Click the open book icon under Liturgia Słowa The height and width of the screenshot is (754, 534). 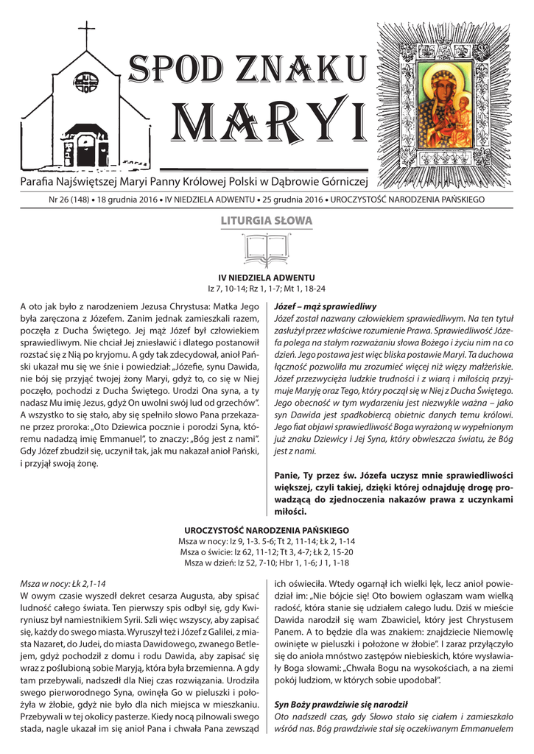pos(267,246)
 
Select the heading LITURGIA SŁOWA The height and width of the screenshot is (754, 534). pos(267,221)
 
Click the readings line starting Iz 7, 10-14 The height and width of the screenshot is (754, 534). pos(267,289)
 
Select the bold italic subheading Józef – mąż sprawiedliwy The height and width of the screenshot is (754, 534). pos(325,306)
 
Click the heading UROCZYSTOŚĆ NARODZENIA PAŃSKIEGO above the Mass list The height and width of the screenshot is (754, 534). pos(267,531)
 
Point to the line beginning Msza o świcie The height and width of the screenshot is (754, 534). pos(267,552)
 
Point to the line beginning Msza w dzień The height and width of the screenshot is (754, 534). pos(267,563)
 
